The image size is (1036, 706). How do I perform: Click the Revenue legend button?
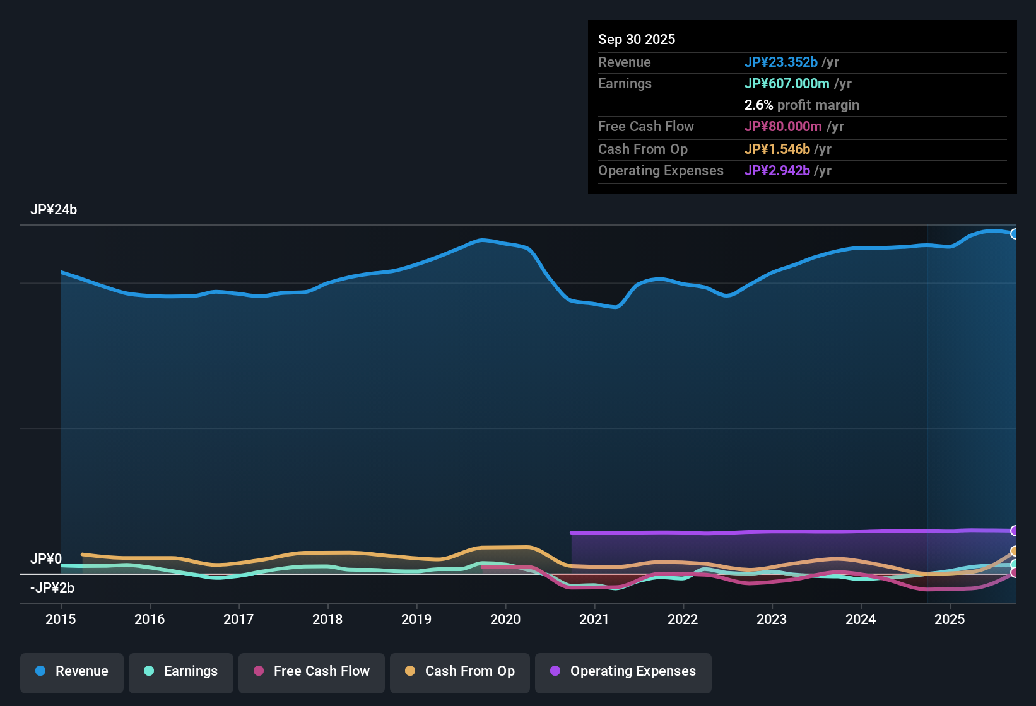pos(72,671)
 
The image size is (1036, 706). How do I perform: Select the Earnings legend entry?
pos(181,671)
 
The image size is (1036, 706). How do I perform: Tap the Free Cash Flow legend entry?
pos(312,671)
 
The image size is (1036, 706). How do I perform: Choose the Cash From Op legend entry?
pos(460,671)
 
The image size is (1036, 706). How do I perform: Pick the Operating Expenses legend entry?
pos(623,671)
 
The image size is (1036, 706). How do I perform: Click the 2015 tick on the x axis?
pos(61,619)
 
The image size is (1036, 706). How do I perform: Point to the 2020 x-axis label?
pos(505,619)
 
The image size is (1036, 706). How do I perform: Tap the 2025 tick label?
pos(950,619)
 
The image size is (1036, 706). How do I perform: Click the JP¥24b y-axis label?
pos(54,210)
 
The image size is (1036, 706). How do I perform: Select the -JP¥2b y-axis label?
pos(52,588)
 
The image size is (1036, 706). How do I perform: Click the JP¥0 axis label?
pos(46,559)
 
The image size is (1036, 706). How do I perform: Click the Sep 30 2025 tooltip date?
pos(637,39)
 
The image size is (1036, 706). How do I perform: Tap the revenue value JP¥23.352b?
pos(780,62)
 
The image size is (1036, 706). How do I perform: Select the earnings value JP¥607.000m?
pos(787,83)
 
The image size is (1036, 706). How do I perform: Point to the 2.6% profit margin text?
pos(801,105)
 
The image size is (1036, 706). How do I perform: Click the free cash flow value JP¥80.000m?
pos(783,126)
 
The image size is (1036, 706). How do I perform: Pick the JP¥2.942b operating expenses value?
pos(777,170)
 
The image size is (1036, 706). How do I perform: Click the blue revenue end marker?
pos(1015,234)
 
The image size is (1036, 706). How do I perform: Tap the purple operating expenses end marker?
pos(1015,531)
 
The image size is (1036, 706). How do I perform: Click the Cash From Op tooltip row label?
pos(642,149)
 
